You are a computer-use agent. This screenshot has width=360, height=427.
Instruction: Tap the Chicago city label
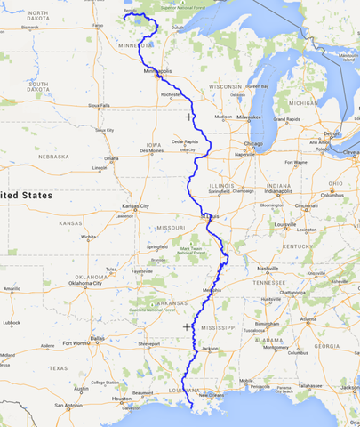click(x=253, y=143)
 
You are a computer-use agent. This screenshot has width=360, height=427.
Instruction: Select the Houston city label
click(x=123, y=399)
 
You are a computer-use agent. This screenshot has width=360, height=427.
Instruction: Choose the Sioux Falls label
click(x=99, y=105)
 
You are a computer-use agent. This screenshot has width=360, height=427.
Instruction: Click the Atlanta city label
click(x=308, y=318)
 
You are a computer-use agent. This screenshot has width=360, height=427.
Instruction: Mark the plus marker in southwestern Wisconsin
click(x=188, y=117)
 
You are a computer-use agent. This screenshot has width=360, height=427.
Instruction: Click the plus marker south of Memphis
click(x=187, y=326)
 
